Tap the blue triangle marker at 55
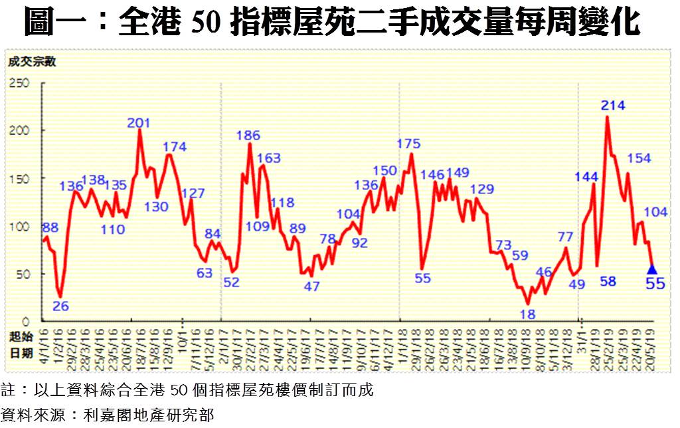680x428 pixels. (651, 269)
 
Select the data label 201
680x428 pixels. (139, 123)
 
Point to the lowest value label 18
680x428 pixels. (528, 314)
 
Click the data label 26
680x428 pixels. (60, 306)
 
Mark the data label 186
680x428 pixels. (248, 136)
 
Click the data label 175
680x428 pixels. (408, 144)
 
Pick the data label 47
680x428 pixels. (311, 286)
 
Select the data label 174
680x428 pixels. (175, 147)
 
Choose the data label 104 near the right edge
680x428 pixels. (655, 212)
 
